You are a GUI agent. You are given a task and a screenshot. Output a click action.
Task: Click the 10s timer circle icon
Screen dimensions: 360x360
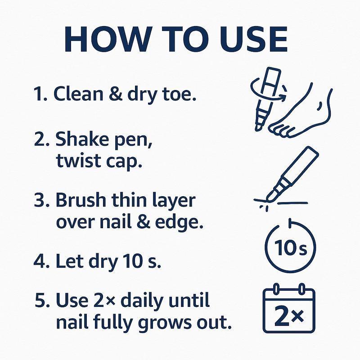point(289,247)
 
